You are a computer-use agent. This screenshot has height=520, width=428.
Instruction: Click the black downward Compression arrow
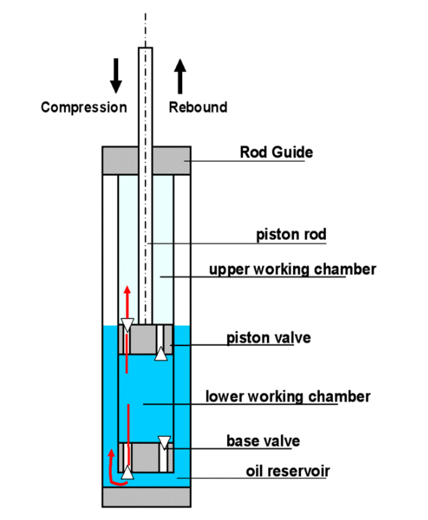(116, 75)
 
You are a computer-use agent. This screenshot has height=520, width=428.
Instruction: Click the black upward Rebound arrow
(180, 76)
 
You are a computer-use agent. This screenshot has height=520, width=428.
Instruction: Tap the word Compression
(84, 108)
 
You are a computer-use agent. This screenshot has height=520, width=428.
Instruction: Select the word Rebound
(198, 107)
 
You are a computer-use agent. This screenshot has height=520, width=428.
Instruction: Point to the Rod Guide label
(276, 152)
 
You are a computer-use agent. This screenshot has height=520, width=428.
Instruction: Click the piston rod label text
(292, 234)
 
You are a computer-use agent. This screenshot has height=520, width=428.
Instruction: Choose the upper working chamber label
(292, 269)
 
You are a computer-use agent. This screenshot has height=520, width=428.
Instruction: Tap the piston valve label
(268, 338)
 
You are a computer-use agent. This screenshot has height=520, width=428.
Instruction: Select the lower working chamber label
(288, 397)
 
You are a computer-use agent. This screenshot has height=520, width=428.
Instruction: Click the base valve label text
(263, 441)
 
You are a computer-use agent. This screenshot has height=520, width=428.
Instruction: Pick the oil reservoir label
(288, 471)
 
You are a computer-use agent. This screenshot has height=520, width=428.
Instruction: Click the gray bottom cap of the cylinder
(147, 497)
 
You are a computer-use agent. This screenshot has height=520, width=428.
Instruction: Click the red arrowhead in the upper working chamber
(127, 290)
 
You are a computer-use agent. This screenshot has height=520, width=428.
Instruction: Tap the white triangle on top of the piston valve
(128, 325)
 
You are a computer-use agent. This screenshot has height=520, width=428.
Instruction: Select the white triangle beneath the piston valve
(161, 354)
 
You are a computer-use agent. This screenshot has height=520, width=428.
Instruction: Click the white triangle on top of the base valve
(165, 442)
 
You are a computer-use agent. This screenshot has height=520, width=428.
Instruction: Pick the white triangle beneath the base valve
(127, 473)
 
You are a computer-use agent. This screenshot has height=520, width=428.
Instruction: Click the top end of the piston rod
(145, 48)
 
